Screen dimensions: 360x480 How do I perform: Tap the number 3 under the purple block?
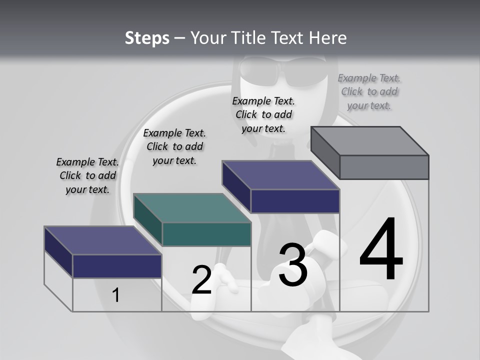pyautogui.click(x=292, y=264)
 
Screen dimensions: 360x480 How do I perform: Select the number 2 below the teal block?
pyautogui.click(x=201, y=279)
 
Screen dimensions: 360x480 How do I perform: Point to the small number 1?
pyautogui.click(x=116, y=295)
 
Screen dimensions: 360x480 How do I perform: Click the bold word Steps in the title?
pyautogui.click(x=147, y=38)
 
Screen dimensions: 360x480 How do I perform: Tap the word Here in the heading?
pyautogui.click(x=328, y=38)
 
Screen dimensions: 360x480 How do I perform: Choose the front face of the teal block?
pyautogui.click(x=206, y=234)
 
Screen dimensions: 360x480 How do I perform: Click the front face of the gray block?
pyautogui.click(x=384, y=167)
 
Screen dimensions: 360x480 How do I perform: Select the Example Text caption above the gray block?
pyautogui.click(x=369, y=92)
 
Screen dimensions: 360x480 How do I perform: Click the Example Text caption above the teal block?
pyautogui.click(x=174, y=146)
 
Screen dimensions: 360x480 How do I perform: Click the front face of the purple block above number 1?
pyautogui.click(x=117, y=266)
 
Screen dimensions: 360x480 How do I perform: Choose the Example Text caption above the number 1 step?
pyautogui.click(x=87, y=175)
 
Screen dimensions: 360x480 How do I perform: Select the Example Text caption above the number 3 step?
pyautogui.click(x=263, y=114)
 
